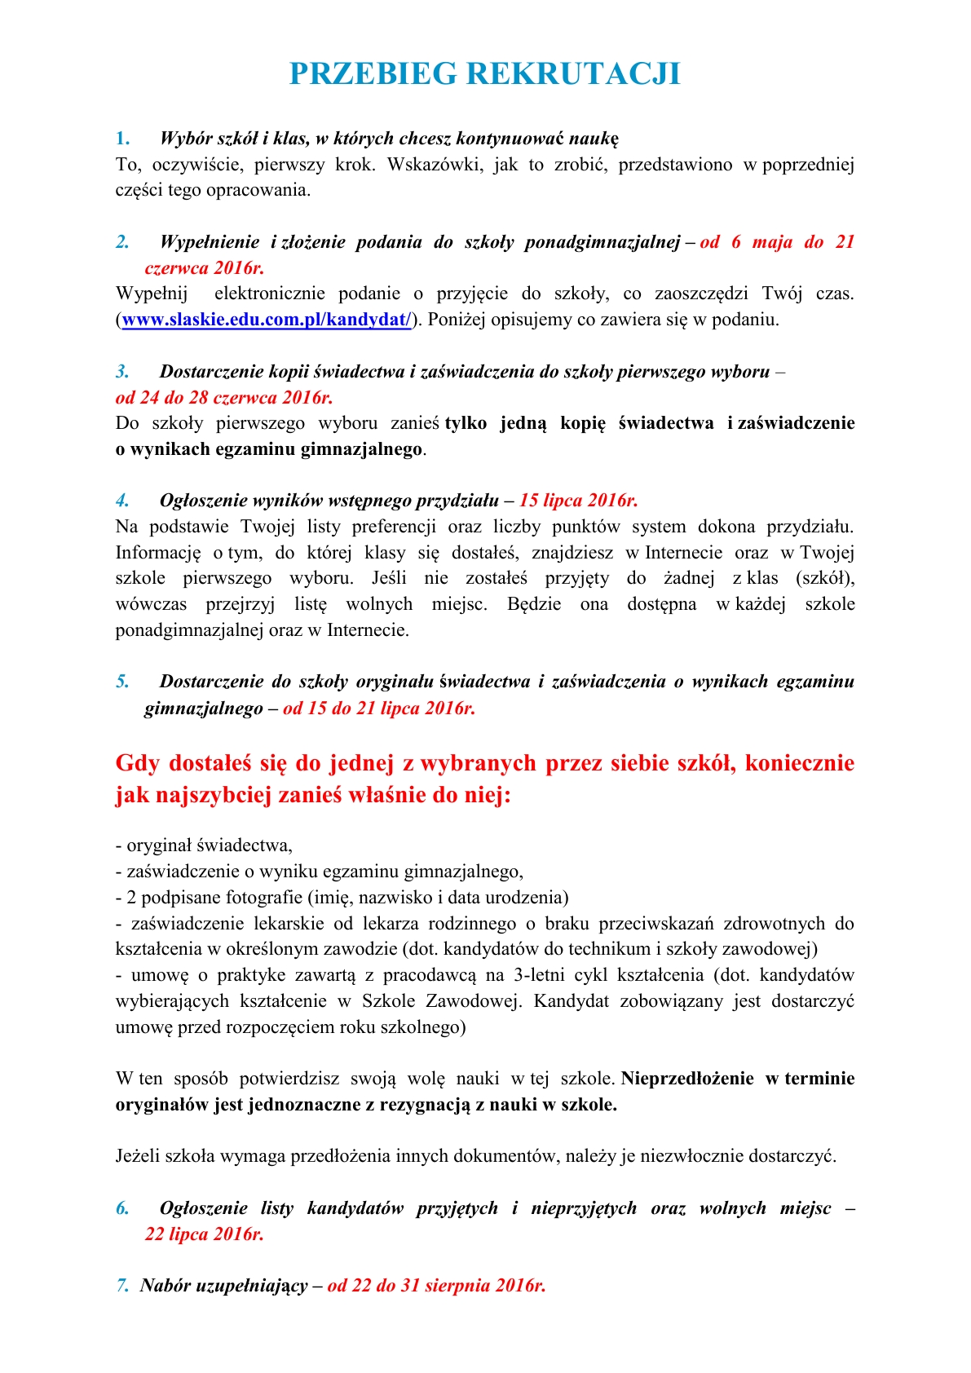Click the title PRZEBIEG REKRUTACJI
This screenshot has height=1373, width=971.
[484, 74]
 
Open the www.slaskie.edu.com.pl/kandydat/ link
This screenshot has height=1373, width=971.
[266, 320]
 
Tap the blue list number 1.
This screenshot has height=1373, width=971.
[122, 139]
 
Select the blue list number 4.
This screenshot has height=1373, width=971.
[122, 501]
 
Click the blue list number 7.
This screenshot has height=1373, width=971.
[122, 1286]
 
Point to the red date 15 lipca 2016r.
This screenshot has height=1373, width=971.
[578, 501]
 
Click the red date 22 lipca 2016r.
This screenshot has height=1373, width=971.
[204, 1234]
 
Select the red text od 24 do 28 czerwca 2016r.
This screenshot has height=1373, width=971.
[224, 398]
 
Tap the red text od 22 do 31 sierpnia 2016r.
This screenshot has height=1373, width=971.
[436, 1286]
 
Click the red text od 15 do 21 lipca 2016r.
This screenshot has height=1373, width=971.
[378, 709]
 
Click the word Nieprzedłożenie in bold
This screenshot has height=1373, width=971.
[687, 1079]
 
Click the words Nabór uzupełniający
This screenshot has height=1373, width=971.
[223, 1286]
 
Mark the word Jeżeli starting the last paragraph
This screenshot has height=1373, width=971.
[139, 1156]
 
